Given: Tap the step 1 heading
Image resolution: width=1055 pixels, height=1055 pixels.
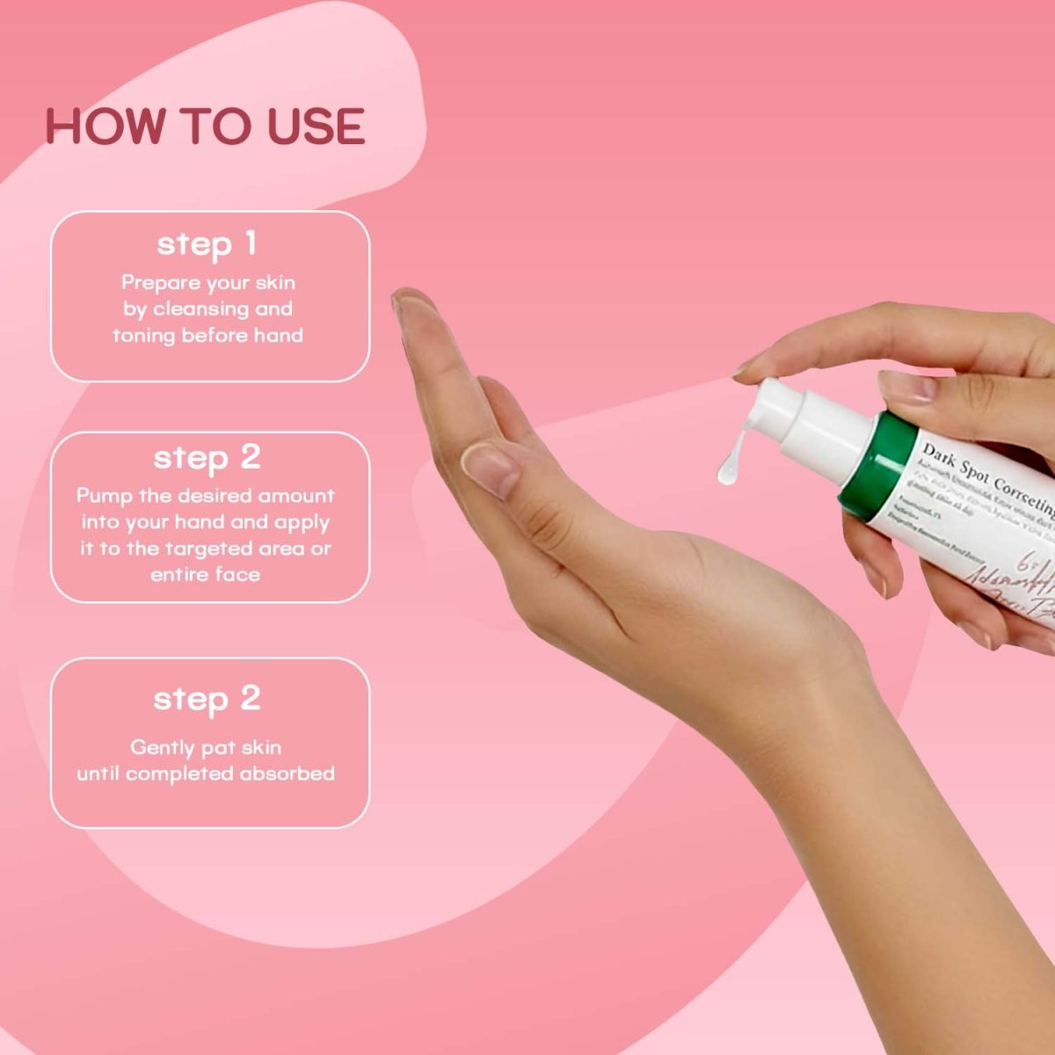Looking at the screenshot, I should click(207, 244).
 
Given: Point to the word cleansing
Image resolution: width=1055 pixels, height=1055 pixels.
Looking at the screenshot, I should click(200, 309).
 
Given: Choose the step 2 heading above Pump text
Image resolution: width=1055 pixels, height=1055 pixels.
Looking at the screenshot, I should click(207, 458).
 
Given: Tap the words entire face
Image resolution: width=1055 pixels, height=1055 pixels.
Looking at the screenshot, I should click(206, 575).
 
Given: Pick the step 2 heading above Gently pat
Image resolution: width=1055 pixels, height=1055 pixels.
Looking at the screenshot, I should click(207, 699).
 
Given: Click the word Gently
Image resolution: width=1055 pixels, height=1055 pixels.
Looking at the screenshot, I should click(163, 747).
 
